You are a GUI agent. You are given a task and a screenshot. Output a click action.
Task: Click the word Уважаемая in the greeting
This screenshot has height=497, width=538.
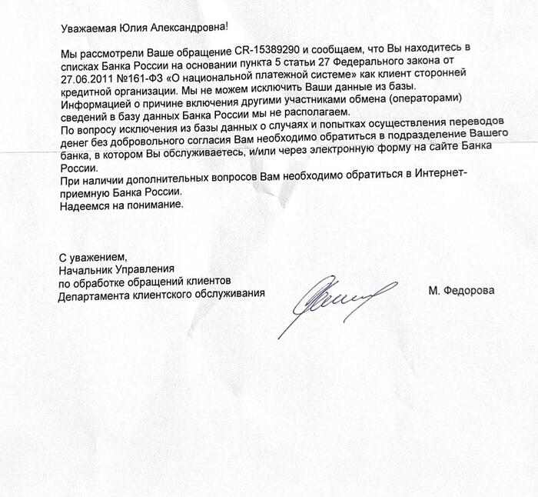87,28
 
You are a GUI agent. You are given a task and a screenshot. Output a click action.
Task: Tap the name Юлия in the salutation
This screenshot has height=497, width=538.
134,28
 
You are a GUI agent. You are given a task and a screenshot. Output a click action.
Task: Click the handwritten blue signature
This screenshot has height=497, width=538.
338,302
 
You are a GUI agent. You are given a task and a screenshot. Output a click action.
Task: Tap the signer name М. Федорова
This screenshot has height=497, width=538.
461,291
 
